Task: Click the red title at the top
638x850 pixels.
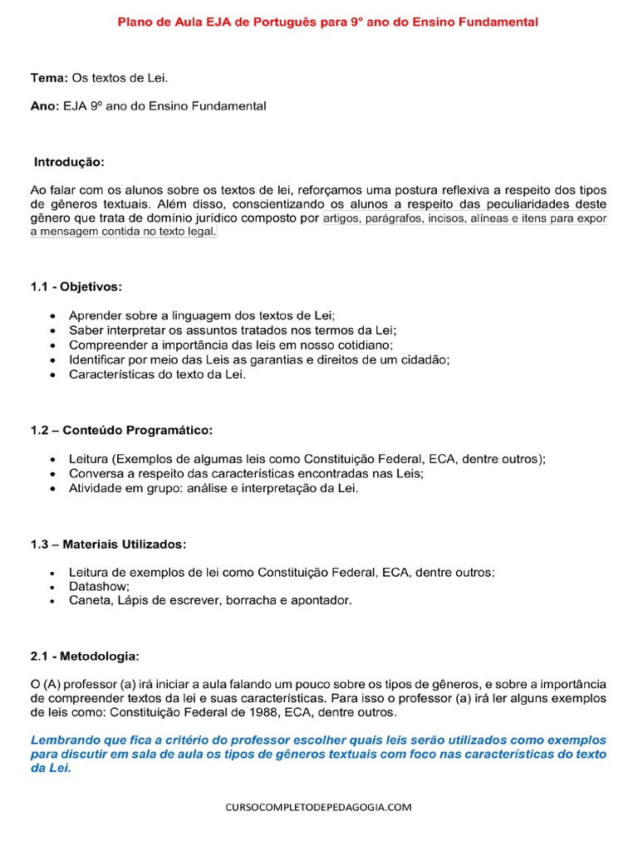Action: coord(326,22)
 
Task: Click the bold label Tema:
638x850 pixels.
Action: coord(47,78)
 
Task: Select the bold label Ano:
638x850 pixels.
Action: coord(45,106)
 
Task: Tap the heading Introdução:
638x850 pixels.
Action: coord(70,161)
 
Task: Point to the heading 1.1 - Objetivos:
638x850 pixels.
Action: coord(76,286)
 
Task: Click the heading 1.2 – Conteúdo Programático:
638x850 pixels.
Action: coord(121,430)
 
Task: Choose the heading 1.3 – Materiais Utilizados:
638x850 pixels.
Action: coord(109,544)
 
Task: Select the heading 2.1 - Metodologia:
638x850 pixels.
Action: coord(85,656)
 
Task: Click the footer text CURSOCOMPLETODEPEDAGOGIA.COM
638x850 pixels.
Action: coord(318,807)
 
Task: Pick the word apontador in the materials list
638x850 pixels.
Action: coord(321,600)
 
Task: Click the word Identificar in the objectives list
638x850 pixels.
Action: coord(98,359)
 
